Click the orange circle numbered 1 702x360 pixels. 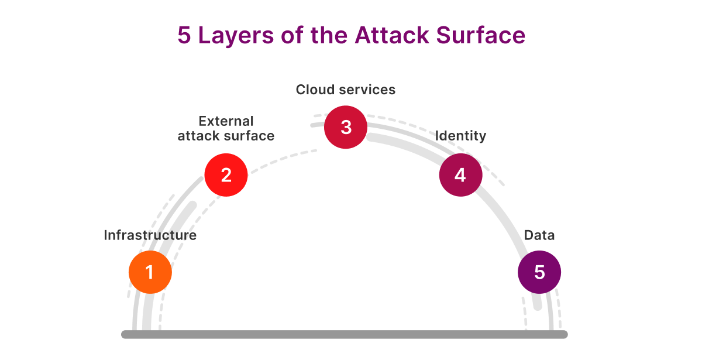(150, 272)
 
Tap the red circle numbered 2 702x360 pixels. (226, 174)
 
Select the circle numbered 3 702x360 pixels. (346, 127)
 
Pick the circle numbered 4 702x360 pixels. (460, 174)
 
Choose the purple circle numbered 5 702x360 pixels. (539, 272)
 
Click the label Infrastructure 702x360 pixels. (150, 235)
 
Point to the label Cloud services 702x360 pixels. (346, 90)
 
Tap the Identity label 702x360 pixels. (460, 136)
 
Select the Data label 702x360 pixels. (539, 235)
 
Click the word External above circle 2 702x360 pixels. (226, 121)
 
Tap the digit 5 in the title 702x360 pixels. (184, 36)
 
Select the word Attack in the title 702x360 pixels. (393, 36)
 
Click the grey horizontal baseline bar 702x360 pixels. (345, 334)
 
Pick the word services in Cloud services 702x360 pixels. (368, 90)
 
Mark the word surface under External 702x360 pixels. (251, 136)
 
